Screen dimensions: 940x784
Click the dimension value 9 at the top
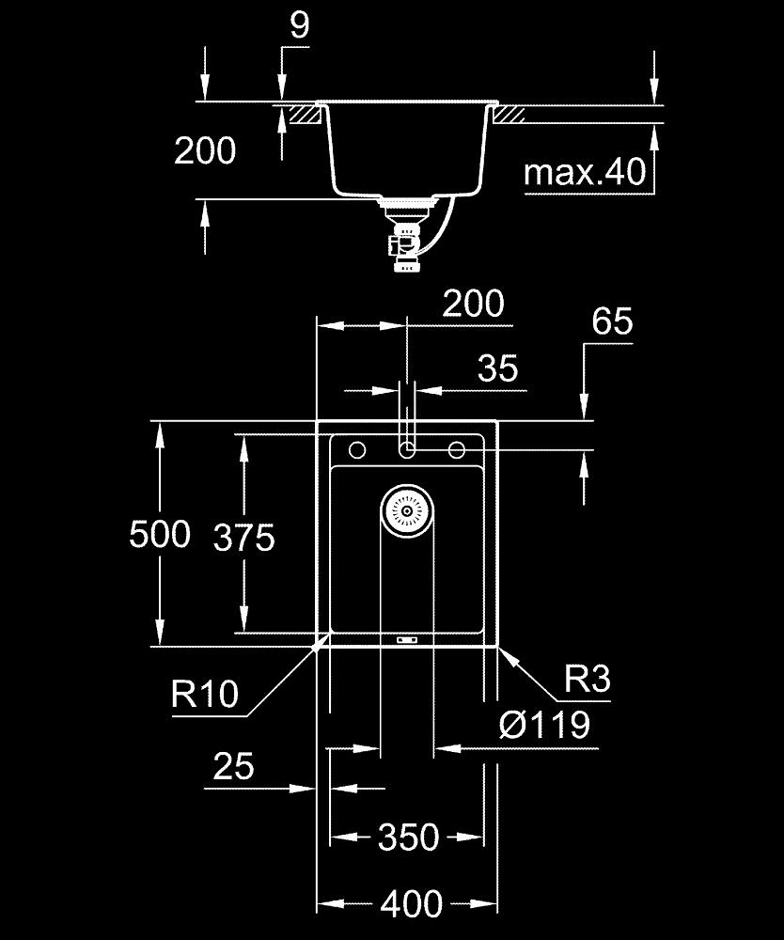(x=298, y=25)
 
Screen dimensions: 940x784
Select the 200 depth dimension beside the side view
(x=205, y=150)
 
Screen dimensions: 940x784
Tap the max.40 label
(x=585, y=173)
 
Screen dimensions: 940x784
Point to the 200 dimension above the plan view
(x=473, y=305)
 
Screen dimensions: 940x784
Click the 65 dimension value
(x=612, y=322)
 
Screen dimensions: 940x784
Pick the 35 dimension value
(x=497, y=368)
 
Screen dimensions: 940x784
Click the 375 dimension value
(x=243, y=538)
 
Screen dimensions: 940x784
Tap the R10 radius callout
(x=205, y=695)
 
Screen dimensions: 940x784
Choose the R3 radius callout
(x=587, y=680)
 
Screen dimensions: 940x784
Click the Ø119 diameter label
(x=545, y=725)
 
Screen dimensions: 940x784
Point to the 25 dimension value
(x=233, y=767)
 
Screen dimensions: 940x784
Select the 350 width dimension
(x=408, y=837)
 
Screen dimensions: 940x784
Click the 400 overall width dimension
(x=411, y=904)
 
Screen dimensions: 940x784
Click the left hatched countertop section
(x=304, y=115)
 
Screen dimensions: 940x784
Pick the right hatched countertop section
(x=510, y=115)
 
